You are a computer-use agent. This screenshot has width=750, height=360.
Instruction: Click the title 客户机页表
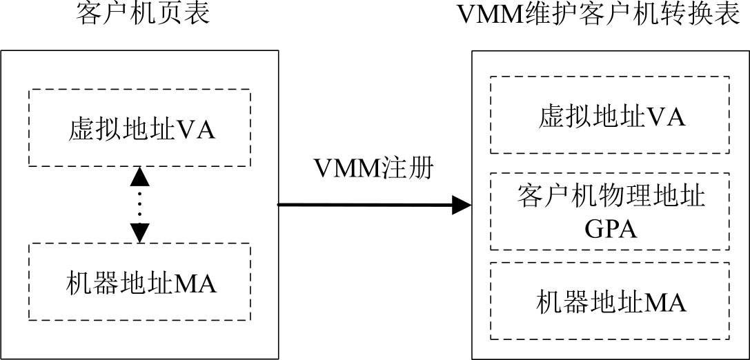click(141, 14)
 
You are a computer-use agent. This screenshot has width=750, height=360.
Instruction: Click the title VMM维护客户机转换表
click(600, 14)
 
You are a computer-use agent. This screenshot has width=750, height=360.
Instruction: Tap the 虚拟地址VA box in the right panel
click(610, 115)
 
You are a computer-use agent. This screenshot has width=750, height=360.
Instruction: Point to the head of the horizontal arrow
click(461, 204)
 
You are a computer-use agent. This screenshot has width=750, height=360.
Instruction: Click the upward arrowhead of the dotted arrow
click(140, 176)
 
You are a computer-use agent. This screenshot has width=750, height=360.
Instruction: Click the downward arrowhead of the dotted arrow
click(140, 232)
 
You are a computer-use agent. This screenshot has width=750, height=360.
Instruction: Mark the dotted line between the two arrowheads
click(140, 204)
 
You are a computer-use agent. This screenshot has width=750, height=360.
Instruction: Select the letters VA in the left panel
click(197, 130)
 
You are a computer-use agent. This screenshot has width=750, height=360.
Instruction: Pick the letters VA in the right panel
click(667, 117)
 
